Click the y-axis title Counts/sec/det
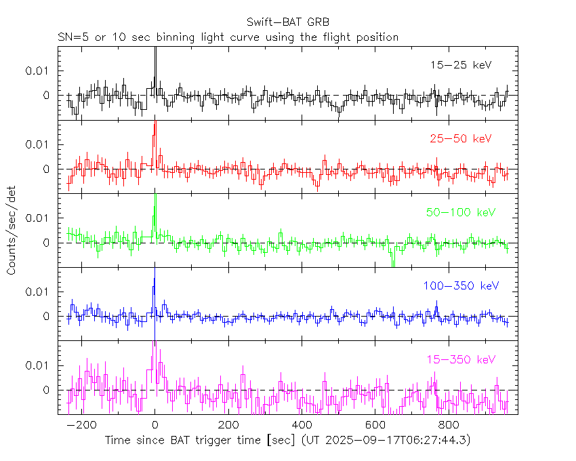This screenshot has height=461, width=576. (x=12, y=231)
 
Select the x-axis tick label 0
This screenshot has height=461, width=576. (x=155, y=425)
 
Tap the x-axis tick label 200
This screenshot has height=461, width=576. (x=228, y=425)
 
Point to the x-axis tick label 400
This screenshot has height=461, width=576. (x=302, y=425)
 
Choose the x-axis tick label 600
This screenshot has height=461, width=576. (x=375, y=425)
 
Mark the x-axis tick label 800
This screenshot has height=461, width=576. (x=448, y=425)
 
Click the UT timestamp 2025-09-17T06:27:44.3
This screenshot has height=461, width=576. (x=396, y=440)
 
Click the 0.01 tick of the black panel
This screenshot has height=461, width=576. (x=38, y=71)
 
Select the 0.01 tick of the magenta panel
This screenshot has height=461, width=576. (x=38, y=365)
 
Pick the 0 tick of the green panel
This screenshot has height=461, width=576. (x=47, y=243)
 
